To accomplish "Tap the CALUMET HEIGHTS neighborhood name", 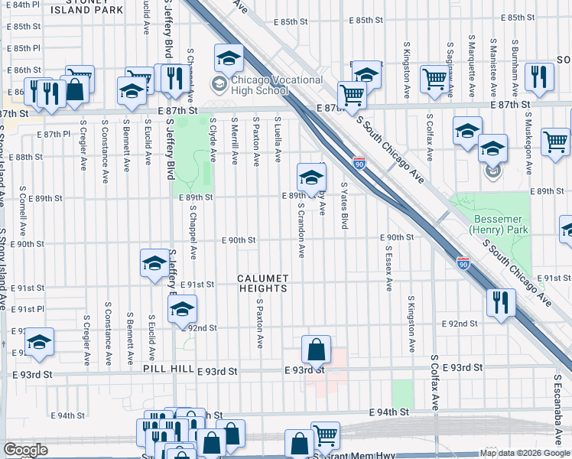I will [x=262, y=283].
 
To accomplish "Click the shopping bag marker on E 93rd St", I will [x=316, y=351].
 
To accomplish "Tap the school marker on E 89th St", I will [x=310, y=178].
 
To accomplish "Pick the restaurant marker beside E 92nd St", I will [x=501, y=304].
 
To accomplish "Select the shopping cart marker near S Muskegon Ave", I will [x=555, y=142].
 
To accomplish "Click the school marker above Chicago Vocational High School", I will [x=228, y=58].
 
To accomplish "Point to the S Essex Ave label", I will [x=389, y=268].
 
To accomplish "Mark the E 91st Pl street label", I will [x=28, y=309].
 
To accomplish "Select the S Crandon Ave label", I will [x=302, y=229].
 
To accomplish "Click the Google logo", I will [x=25, y=450].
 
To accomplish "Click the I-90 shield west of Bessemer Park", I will [x=463, y=263].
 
